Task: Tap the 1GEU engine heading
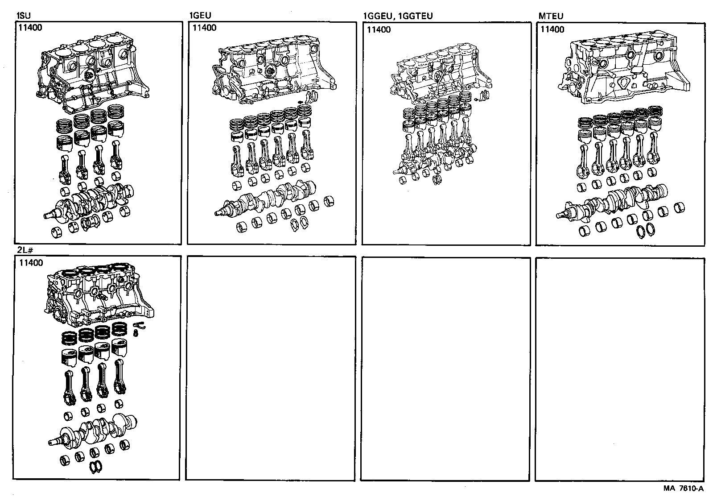click(200, 16)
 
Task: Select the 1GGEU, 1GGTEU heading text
click(398, 17)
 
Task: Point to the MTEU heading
click(551, 16)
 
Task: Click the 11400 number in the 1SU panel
click(30, 28)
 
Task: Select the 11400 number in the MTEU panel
click(552, 29)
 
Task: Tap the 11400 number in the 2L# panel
click(31, 263)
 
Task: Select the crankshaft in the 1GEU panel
click(268, 199)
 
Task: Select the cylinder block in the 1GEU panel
click(272, 71)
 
